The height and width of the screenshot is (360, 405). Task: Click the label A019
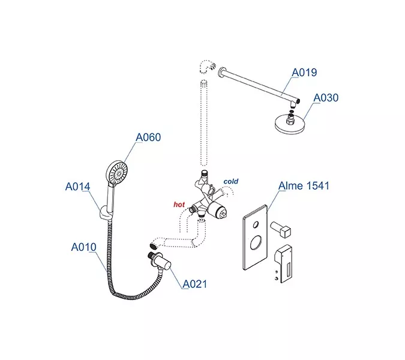click(x=304, y=73)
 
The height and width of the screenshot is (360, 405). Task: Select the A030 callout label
click(x=326, y=98)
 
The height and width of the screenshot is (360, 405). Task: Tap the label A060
click(x=148, y=137)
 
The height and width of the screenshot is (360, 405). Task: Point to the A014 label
click(x=77, y=187)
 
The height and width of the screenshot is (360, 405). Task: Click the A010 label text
click(x=83, y=247)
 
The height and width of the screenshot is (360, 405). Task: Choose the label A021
click(x=195, y=284)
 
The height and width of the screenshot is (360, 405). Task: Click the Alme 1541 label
click(x=304, y=186)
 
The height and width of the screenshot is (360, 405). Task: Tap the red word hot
click(x=179, y=205)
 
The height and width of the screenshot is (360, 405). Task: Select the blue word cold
click(x=231, y=181)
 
